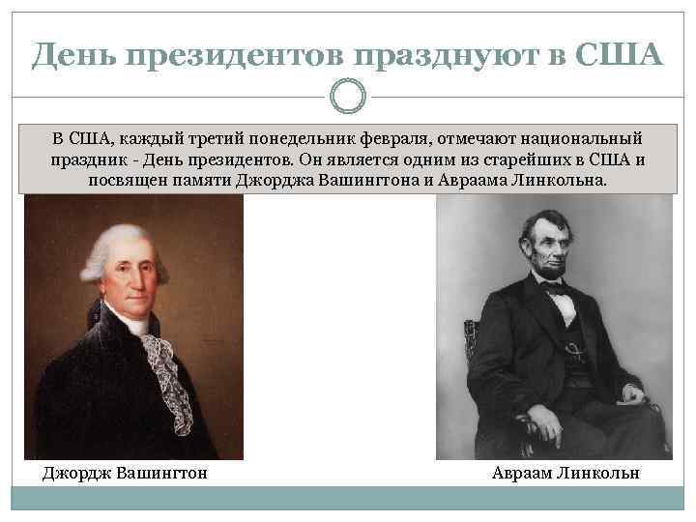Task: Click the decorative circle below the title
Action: click(348, 97)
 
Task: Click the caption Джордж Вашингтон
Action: click(125, 474)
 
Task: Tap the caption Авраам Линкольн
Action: click(565, 474)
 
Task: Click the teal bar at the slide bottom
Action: click(348, 499)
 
